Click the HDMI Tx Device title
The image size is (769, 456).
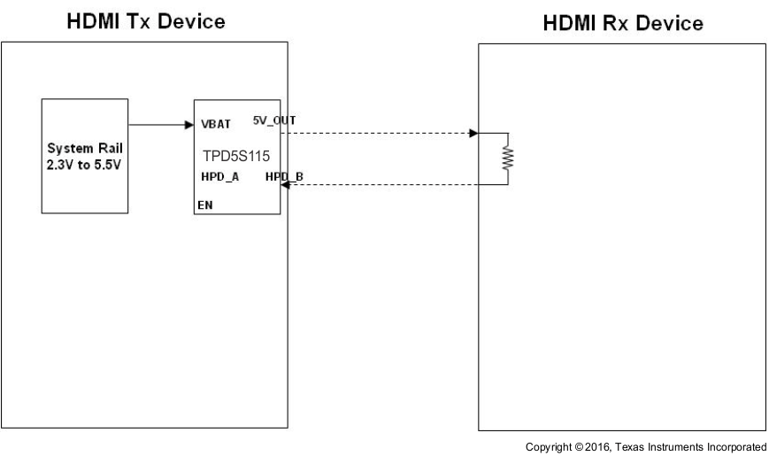point(144,21)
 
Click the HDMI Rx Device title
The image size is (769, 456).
point(623,24)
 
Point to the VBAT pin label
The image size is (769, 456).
point(216,125)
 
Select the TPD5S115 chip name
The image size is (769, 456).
point(236,154)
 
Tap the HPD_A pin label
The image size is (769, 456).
point(220,177)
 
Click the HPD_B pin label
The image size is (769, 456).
point(284,178)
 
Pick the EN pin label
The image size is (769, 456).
point(204,205)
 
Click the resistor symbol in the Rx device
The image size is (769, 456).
point(508,158)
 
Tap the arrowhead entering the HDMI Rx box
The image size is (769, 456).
point(473,134)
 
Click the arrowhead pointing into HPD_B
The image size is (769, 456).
point(285,185)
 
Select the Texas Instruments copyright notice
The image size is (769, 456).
point(645,446)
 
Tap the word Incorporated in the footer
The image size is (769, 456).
point(734,446)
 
